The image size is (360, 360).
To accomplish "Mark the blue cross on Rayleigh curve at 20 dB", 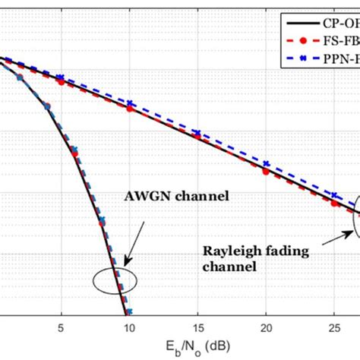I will [x=266, y=163].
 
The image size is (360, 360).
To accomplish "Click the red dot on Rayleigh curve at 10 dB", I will [x=129, y=109].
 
